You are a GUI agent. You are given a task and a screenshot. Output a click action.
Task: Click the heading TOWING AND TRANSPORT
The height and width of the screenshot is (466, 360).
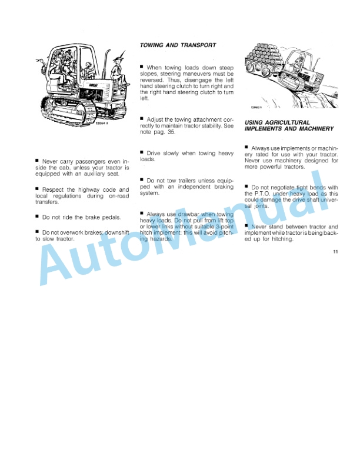click(x=178, y=45)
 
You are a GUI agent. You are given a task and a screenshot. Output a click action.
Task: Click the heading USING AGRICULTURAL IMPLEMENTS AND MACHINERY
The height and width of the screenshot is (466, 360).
click(x=289, y=125)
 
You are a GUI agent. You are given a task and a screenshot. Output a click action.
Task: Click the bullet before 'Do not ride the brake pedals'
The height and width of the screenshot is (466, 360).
click(x=38, y=217)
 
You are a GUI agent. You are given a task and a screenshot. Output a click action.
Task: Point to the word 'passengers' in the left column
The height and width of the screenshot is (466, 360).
click(x=79, y=160)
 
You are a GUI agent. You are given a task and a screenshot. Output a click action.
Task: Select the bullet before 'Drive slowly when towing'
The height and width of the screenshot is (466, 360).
click(x=142, y=152)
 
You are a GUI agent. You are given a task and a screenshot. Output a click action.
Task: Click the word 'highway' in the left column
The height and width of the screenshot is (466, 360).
click(x=91, y=190)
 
